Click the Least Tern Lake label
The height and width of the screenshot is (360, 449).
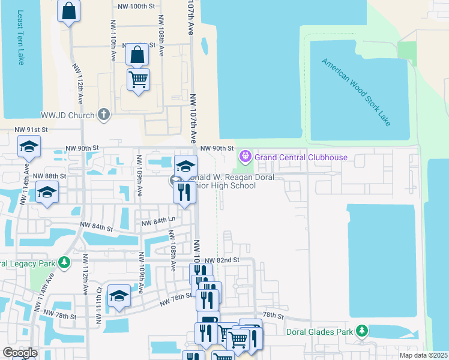tap(20, 37)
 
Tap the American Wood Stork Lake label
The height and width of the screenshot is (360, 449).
tap(356, 92)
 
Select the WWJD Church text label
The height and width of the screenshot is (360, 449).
tap(68, 115)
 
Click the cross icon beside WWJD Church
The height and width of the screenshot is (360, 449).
tap(104, 115)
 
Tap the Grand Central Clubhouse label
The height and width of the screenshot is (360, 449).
tap(301, 158)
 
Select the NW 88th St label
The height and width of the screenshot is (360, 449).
tap(49, 176)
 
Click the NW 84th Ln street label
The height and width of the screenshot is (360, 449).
tap(157, 223)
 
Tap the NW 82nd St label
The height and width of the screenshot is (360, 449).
tap(222, 260)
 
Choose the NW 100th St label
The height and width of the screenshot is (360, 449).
tap(138, 5)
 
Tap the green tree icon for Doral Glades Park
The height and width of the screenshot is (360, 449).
tap(361, 331)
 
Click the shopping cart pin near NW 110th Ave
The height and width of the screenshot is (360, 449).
tap(139, 79)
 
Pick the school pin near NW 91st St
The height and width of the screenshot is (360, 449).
tap(28, 147)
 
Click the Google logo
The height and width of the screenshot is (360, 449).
tap(19, 353)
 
